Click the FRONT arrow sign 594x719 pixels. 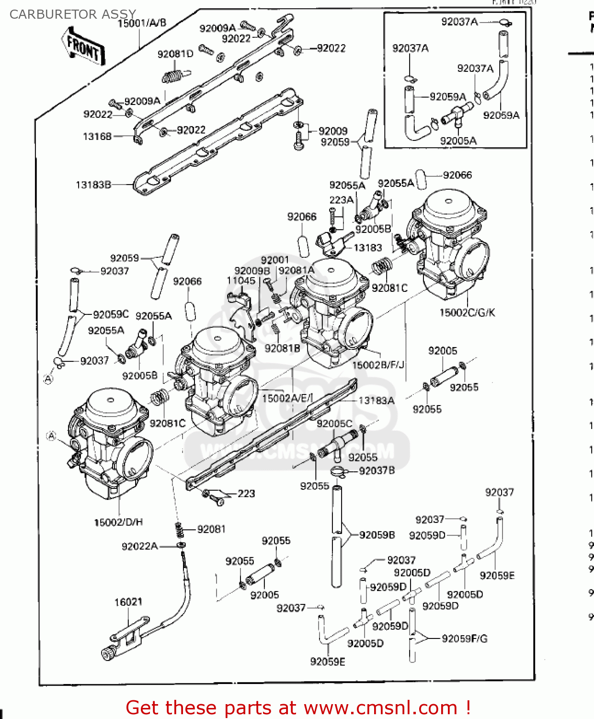click(x=84, y=46)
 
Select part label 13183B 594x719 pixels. click(x=93, y=185)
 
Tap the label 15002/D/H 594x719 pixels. click(x=118, y=522)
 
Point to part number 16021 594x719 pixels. click(x=128, y=602)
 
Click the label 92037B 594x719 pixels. click(x=377, y=471)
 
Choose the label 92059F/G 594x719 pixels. click(x=464, y=638)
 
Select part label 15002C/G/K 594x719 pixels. click(x=467, y=313)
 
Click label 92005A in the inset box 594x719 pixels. click(x=458, y=140)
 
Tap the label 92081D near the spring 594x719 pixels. click(x=175, y=54)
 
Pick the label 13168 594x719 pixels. click(x=97, y=137)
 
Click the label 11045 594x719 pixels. click(x=241, y=280)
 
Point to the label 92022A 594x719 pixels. click(x=139, y=546)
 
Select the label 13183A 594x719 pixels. click(x=377, y=400)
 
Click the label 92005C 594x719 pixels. click(x=334, y=424)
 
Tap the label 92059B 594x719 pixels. click(x=377, y=535)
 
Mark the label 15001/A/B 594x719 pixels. click(x=142, y=23)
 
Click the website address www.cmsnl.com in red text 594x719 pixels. click(x=380, y=707)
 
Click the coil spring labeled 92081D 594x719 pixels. click(x=172, y=76)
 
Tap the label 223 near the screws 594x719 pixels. click(x=246, y=493)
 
